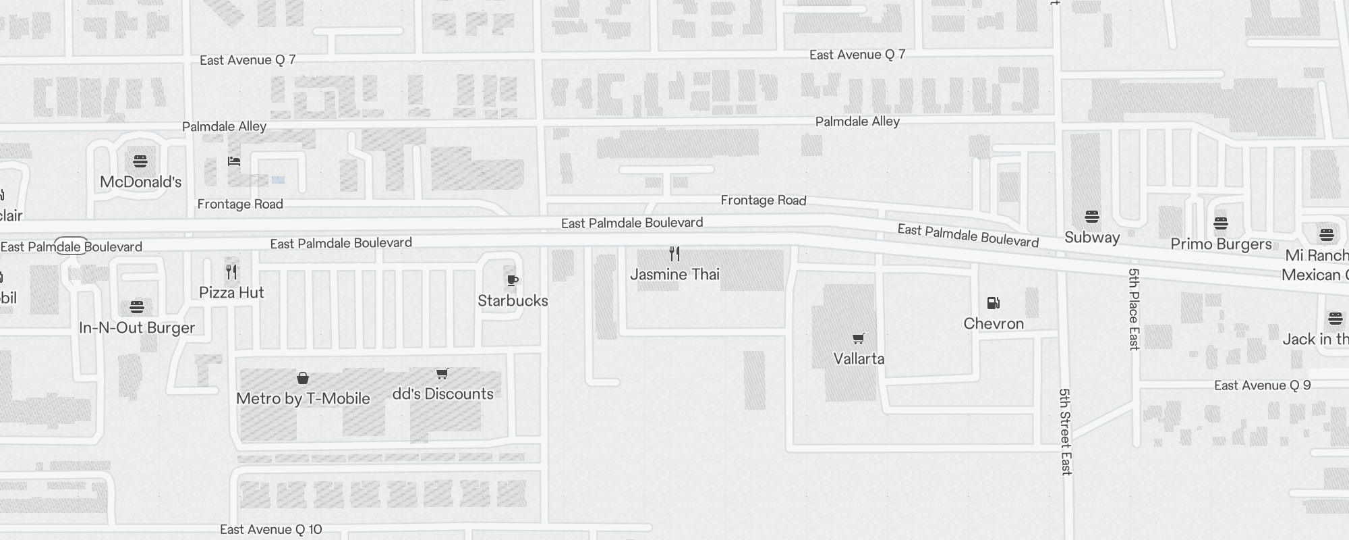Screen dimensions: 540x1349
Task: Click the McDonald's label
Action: (141, 182)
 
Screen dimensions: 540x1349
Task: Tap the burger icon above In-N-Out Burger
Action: (137, 307)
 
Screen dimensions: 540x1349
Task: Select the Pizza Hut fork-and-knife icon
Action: (231, 272)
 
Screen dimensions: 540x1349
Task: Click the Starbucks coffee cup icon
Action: (513, 280)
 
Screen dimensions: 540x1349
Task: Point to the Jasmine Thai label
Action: (674, 274)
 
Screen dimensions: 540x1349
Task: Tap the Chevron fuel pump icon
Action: (993, 303)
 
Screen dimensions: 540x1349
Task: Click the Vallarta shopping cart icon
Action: (858, 338)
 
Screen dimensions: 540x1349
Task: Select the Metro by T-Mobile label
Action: (303, 398)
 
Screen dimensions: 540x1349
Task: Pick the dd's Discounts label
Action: (442, 394)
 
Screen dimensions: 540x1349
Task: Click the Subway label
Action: (1092, 237)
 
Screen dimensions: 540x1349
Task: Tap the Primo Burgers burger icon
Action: (1221, 223)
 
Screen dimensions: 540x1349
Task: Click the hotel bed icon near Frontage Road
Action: (234, 161)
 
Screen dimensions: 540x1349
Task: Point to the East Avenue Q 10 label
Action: (271, 529)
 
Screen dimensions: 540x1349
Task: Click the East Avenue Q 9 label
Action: (1263, 385)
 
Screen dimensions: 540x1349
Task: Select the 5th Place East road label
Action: (1134, 309)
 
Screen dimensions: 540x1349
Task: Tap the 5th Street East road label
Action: (1065, 432)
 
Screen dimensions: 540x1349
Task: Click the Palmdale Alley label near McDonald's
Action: (224, 126)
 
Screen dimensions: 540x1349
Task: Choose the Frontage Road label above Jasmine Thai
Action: (764, 200)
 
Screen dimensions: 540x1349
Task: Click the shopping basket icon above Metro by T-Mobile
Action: (303, 378)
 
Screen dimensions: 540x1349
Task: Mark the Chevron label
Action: (994, 323)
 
